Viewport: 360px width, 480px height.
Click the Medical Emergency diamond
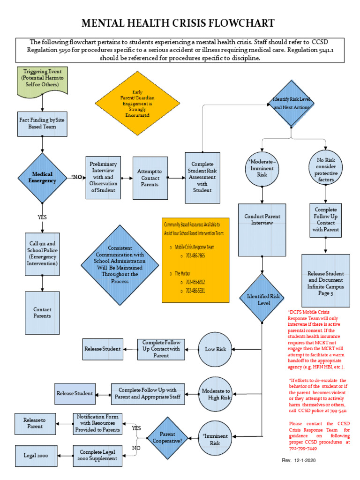42,177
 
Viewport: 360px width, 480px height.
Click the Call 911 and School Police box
43,254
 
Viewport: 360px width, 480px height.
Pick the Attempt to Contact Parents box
150,178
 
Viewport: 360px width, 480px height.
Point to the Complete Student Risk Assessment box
202,178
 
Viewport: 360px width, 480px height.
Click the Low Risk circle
215,349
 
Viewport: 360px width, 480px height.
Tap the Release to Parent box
35,423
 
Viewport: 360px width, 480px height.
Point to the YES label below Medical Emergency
42,217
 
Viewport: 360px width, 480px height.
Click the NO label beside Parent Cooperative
136,448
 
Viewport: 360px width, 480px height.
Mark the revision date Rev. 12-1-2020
299,461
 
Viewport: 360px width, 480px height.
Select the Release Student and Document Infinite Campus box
325,280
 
